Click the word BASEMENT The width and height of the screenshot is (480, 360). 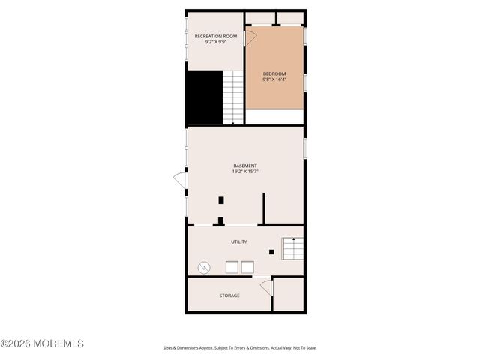pos(245,166)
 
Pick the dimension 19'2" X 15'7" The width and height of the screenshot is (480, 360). pos(245,172)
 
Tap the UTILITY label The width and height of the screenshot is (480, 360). pos(238,241)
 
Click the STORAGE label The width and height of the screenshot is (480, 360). pos(229,295)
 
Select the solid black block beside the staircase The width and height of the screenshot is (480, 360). pos(204,97)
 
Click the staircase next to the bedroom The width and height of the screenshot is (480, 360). pos(234,97)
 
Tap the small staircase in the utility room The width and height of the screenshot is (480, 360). pos(292,247)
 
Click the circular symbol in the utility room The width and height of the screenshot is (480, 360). pos(204,267)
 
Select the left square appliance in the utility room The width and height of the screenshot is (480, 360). pos(232,267)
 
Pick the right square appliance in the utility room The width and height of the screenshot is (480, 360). pos(247,267)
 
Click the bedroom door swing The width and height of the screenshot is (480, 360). pos(250,37)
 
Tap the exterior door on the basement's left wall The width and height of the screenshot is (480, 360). pos(180,180)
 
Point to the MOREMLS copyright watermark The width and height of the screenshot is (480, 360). pos(42,343)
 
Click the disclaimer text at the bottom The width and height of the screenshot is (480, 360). pos(240,348)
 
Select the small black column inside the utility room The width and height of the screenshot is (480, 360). pos(271,252)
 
